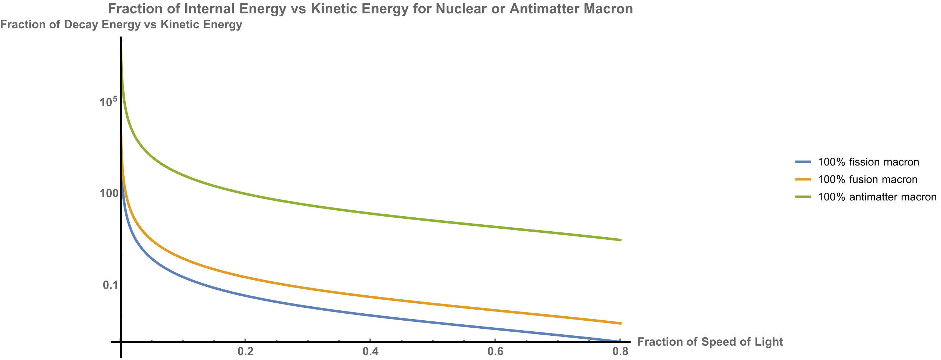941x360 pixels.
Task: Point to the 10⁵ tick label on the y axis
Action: [108, 101]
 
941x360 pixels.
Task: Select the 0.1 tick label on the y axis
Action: [112, 285]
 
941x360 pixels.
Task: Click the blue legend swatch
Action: [803, 162]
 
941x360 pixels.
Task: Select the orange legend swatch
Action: [803, 179]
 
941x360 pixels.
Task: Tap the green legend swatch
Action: [803, 197]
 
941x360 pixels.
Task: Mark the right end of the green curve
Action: [620, 240]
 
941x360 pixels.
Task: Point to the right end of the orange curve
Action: [620, 324]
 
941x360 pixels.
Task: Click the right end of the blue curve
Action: [620, 341]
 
